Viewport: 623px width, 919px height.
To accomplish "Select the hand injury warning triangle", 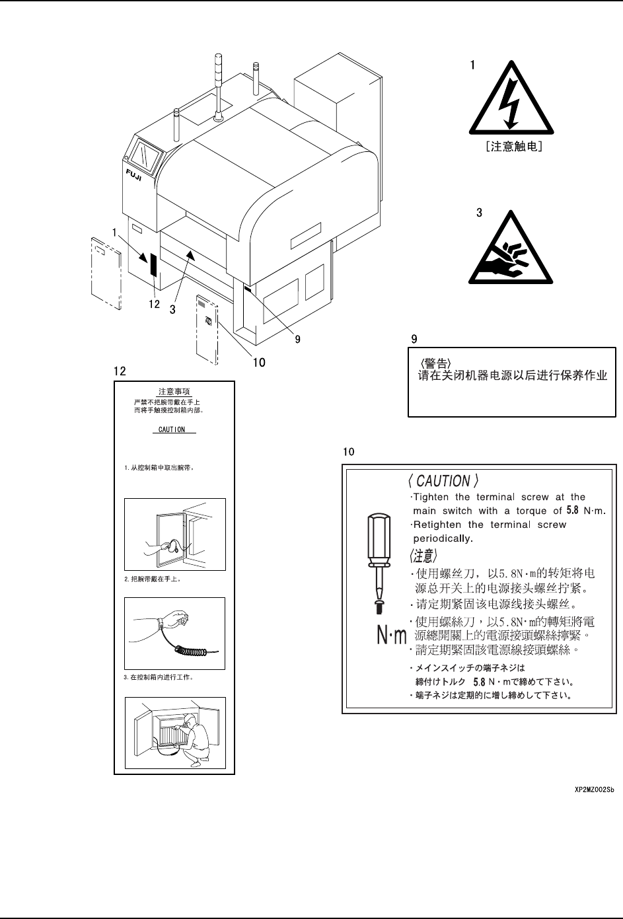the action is (x=507, y=249).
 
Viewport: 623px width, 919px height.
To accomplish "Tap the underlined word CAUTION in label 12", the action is (x=172, y=429).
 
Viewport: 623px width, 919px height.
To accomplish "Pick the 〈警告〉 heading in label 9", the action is (x=435, y=363).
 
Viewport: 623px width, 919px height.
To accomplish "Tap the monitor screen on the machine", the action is (x=147, y=157).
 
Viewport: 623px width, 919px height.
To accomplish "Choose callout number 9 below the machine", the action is (x=297, y=339).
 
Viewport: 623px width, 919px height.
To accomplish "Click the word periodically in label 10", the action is (x=443, y=538).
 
